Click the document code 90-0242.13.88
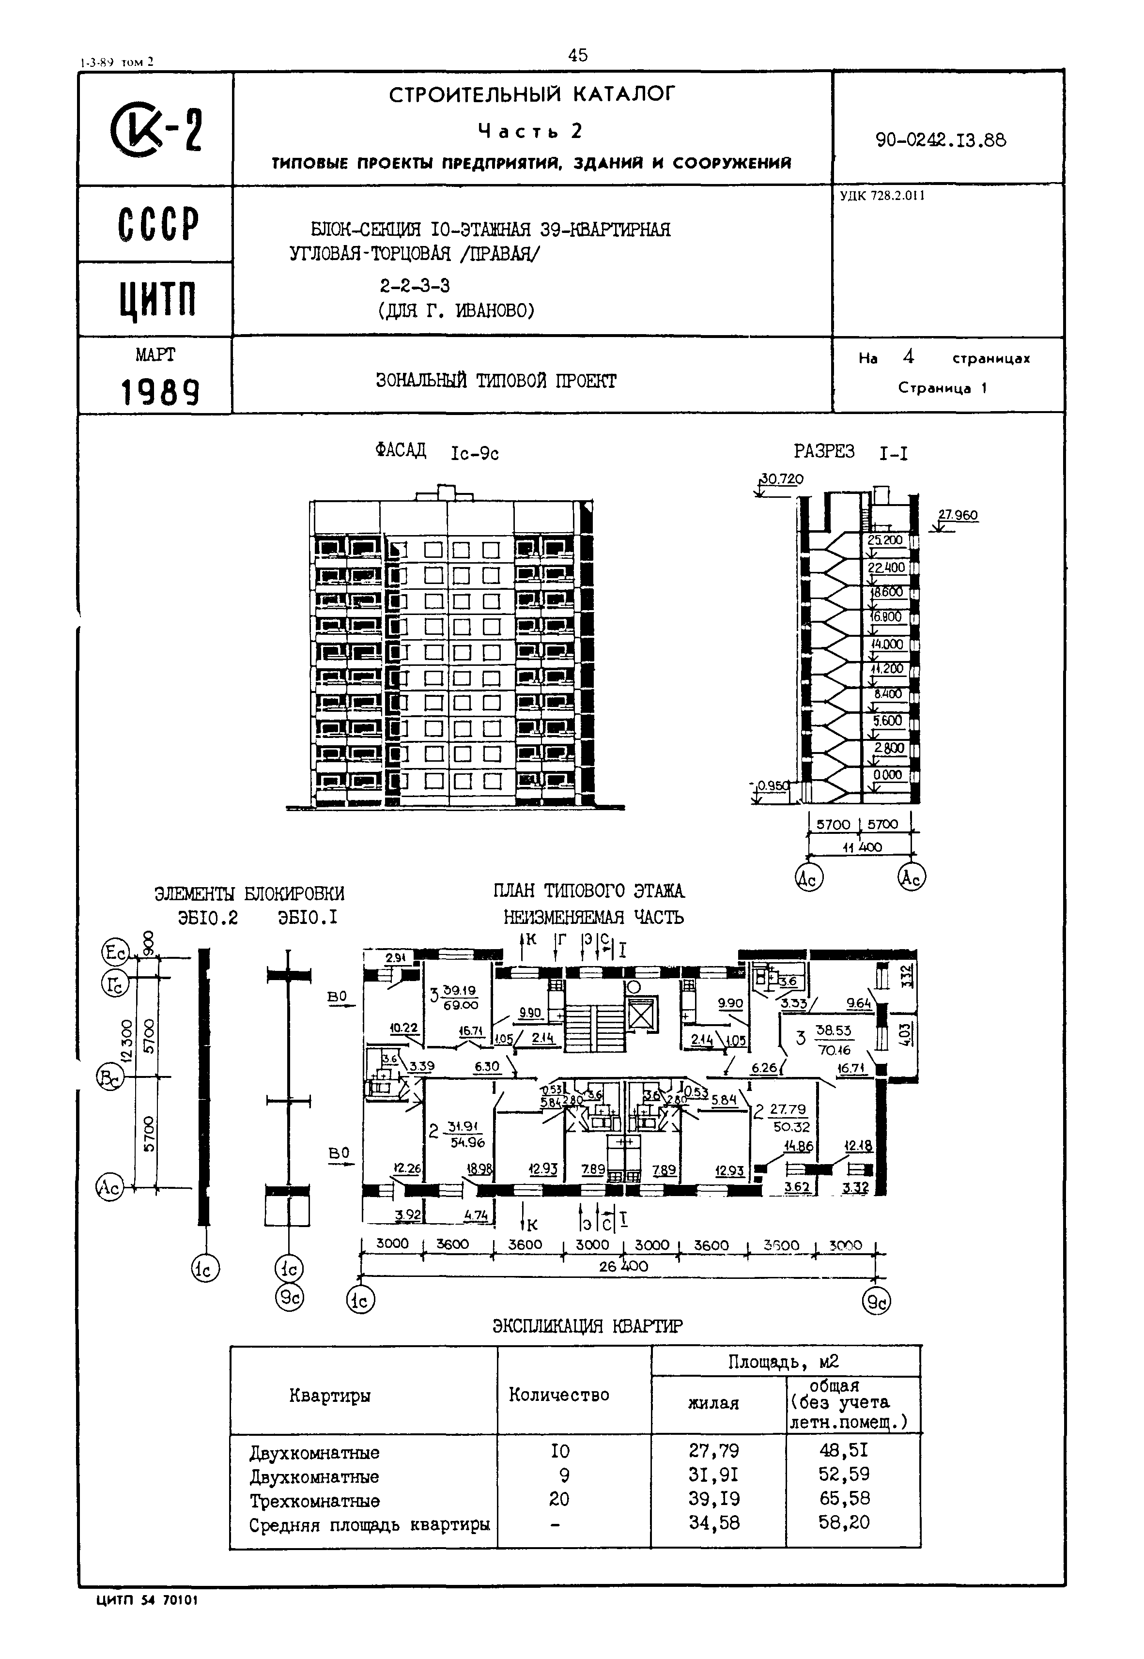(941, 140)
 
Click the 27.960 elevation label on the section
(958, 515)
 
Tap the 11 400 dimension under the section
(862, 847)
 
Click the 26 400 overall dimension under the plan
(623, 1266)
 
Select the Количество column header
(558, 1395)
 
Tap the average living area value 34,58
(714, 1523)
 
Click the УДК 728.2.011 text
(881, 196)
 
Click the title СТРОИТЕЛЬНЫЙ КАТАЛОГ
(532, 94)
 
